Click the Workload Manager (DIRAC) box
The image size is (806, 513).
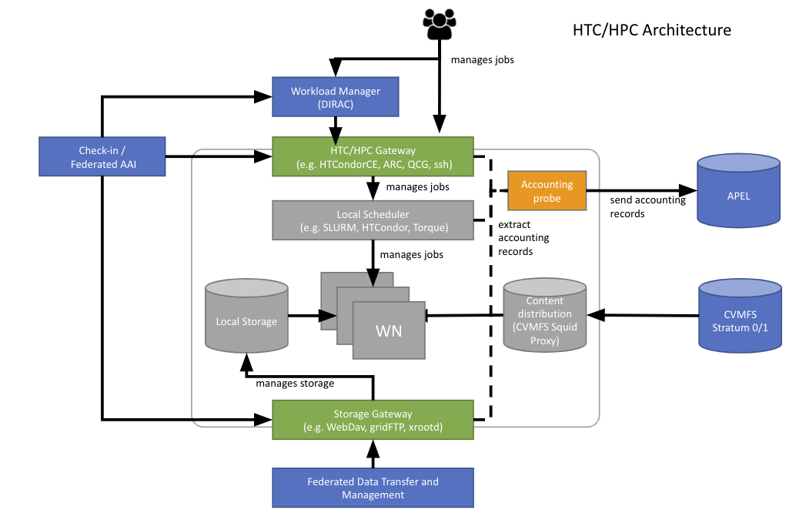click(x=336, y=97)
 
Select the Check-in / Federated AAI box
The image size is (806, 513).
click(x=102, y=156)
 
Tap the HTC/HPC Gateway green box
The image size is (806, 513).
click(x=373, y=157)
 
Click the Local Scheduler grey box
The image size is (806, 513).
click(x=373, y=220)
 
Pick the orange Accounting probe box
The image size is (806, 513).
click(x=547, y=191)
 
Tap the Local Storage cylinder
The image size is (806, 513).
click(x=246, y=320)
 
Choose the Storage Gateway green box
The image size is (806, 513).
click(x=373, y=420)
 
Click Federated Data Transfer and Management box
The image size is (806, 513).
click(x=373, y=488)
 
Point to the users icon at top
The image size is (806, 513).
click(x=439, y=25)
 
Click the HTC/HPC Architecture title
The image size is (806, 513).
click(x=651, y=30)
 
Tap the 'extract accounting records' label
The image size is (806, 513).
click(x=525, y=238)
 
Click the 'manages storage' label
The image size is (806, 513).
click(x=295, y=383)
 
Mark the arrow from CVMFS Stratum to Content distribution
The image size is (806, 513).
click(x=644, y=315)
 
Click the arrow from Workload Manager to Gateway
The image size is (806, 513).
click(x=336, y=126)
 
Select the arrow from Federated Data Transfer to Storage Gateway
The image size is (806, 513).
click(x=373, y=454)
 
